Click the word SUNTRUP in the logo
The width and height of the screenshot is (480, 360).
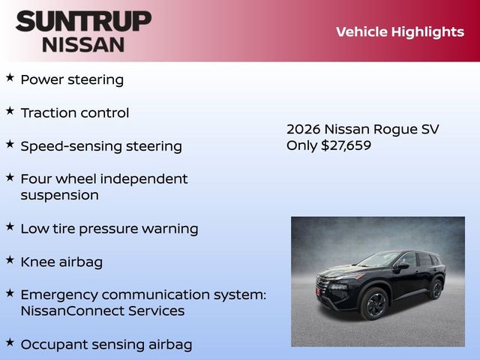[83, 20]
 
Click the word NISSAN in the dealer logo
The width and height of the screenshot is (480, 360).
[83, 43]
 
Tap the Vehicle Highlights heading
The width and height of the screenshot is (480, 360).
[400, 31]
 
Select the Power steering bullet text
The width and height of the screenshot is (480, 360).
[72, 79]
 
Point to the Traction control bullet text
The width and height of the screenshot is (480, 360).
[75, 112]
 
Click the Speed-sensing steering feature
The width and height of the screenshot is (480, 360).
[101, 145]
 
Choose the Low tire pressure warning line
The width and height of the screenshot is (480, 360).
[109, 229]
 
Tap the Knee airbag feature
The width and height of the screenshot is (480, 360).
[61, 262]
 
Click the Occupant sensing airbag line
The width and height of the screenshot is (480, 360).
[106, 344]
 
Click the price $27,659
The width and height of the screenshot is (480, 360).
[346, 145]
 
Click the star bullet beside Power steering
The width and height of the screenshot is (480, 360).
[10, 77]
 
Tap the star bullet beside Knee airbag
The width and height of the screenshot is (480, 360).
[10, 259]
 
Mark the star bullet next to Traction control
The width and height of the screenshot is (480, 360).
[10, 110]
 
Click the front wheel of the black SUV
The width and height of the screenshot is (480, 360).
[373, 304]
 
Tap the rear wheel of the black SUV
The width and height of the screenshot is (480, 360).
[436, 289]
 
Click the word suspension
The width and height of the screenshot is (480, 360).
[60, 195]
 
